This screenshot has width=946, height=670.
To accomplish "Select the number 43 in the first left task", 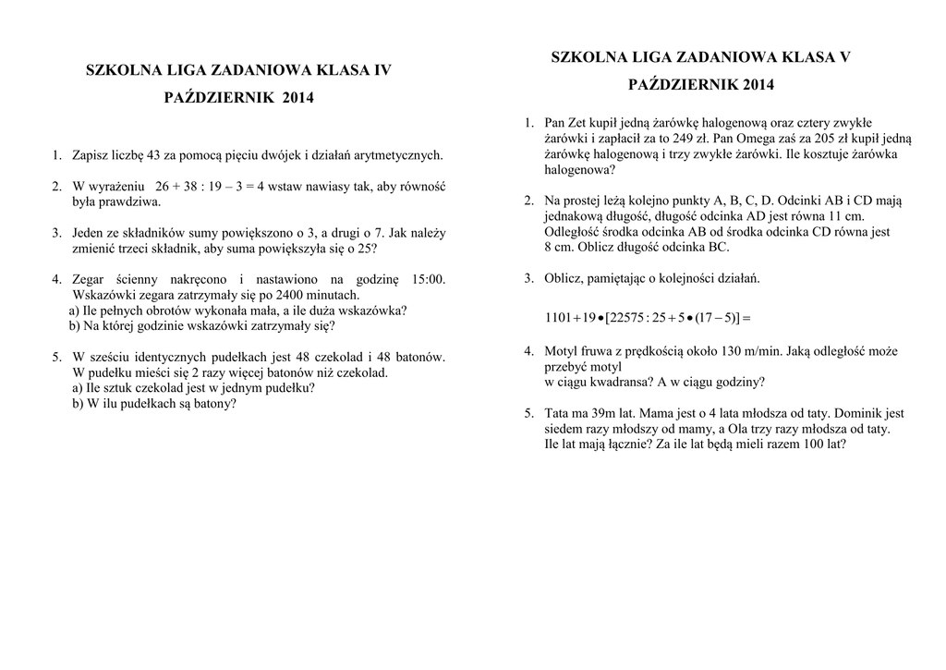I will pyautogui.click(x=154, y=155).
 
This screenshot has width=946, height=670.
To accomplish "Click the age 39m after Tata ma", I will pyautogui.click(x=601, y=414).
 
